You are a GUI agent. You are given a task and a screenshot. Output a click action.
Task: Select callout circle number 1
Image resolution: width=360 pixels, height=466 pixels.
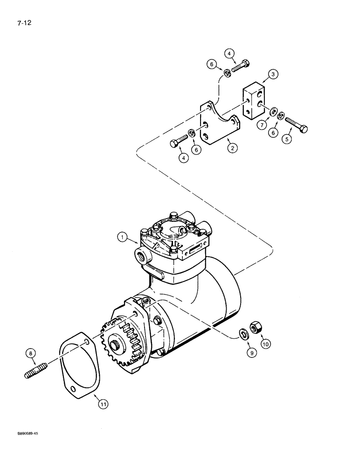click(x=123, y=238)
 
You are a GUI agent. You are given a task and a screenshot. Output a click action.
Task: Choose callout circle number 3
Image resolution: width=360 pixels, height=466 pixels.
click(x=273, y=74)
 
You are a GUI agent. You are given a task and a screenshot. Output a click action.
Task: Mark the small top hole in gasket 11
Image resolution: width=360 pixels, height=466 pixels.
click(x=88, y=343)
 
